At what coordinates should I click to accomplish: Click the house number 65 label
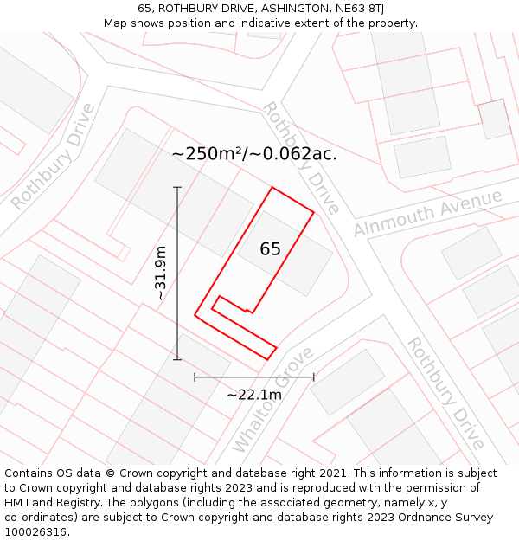[270, 249]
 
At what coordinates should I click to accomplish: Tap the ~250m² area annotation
[254, 154]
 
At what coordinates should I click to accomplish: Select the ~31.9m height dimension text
[160, 274]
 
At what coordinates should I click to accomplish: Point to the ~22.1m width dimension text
[254, 395]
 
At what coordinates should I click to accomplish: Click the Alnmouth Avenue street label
[427, 213]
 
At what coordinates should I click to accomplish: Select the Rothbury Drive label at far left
[54, 157]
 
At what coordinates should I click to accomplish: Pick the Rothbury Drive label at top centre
[300, 158]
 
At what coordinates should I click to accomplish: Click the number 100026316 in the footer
[35, 531]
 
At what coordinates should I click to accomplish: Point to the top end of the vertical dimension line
[177, 187]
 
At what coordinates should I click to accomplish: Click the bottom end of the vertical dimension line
[177, 359]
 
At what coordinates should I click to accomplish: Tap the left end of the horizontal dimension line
[195, 377]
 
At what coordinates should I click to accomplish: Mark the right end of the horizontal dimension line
[314, 377]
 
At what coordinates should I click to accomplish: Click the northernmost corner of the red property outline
[272, 187]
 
